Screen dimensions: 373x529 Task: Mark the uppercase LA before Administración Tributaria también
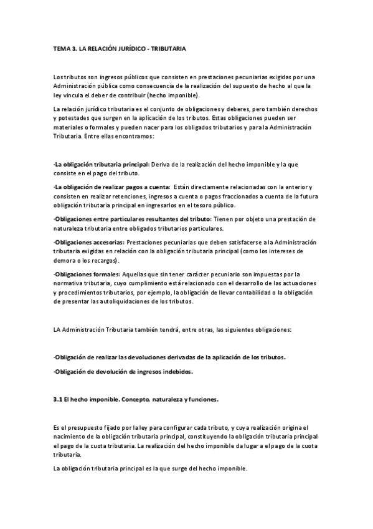[x=58, y=329]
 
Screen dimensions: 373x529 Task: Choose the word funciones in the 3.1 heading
[x=202, y=399]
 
